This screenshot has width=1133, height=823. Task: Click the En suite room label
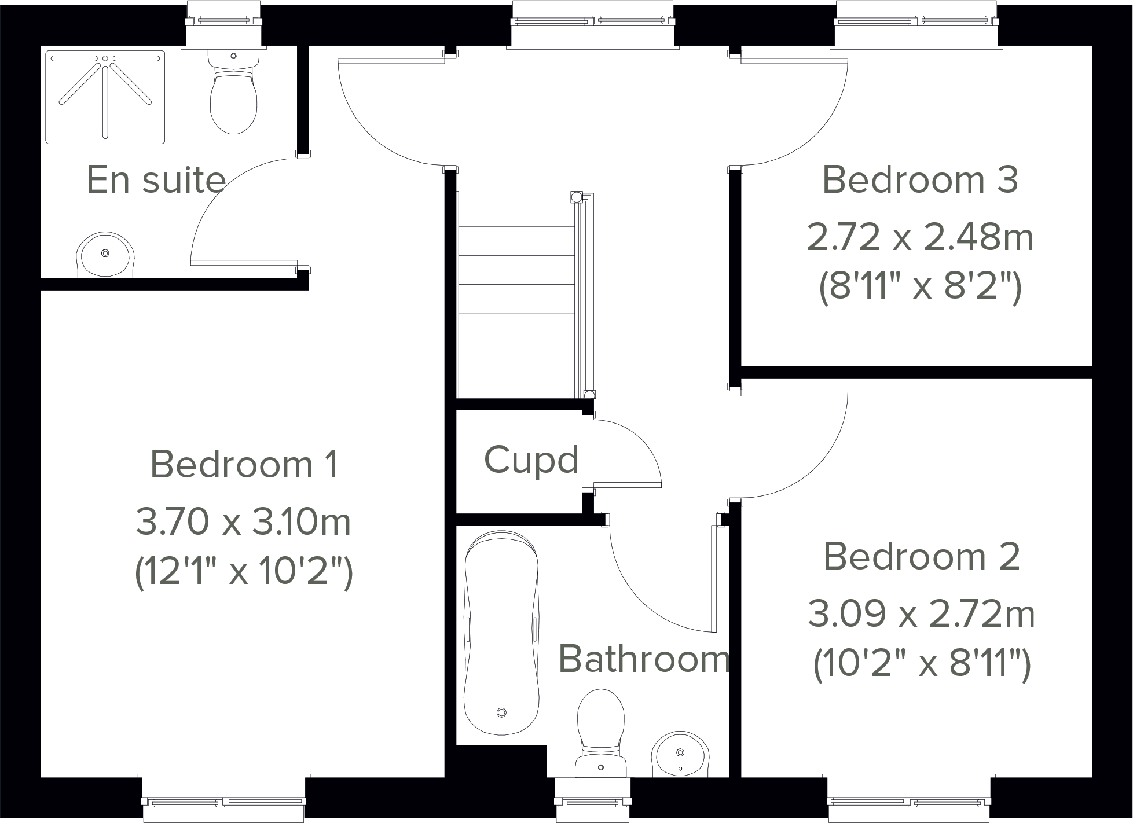click(x=156, y=180)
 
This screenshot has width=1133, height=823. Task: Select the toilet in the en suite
click(x=233, y=95)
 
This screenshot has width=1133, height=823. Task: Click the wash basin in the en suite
click(x=105, y=255)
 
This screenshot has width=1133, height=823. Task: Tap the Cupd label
click(x=531, y=461)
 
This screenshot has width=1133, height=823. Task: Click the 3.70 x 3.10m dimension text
click(x=243, y=521)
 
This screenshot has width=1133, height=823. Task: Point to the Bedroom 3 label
click(x=919, y=180)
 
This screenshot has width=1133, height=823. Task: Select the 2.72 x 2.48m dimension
click(x=919, y=237)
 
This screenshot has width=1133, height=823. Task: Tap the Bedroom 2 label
click(x=922, y=557)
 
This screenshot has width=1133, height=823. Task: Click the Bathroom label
click(x=643, y=659)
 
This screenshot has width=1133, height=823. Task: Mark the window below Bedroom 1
click(x=224, y=801)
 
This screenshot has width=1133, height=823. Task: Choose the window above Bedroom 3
click(x=916, y=21)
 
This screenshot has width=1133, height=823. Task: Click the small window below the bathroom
click(x=592, y=801)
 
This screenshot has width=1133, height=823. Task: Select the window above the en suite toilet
click(x=223, y=21)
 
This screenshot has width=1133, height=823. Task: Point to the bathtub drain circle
click(x=501, y=712)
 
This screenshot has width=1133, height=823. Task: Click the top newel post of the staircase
click(x=576, y=197)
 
